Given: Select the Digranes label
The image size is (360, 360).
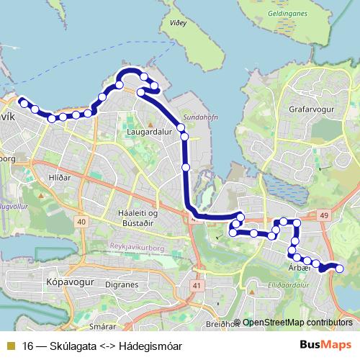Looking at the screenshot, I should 122,285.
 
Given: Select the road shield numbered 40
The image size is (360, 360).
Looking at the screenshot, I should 81,221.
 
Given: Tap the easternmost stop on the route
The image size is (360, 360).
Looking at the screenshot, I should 340,269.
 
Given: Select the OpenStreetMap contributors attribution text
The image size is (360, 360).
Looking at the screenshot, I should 297,323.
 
